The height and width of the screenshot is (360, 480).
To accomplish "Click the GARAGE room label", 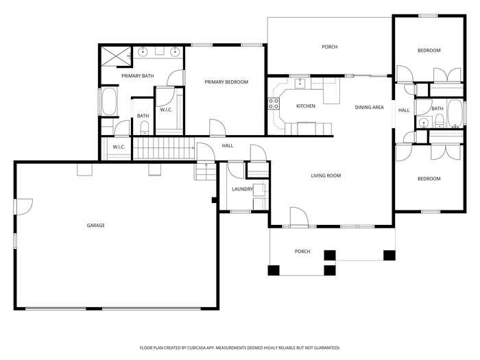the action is point(96,226).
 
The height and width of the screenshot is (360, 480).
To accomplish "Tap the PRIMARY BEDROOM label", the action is point(226,82).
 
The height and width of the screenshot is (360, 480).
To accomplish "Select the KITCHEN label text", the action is point(306,106).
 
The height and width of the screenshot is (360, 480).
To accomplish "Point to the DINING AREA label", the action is point(369,107).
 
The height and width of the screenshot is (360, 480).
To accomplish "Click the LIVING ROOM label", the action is point(326,176).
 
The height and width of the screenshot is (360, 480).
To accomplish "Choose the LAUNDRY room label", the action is point(243,189).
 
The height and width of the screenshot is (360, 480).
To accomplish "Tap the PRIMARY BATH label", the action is point(137,76).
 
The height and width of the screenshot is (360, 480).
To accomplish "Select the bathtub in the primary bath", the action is point(109,101).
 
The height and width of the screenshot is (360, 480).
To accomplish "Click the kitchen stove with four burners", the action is point(274,104).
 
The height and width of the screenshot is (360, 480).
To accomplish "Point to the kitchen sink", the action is point(300,83).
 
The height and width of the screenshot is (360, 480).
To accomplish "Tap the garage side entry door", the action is point(23,206).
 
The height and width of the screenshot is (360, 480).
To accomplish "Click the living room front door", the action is point(299,217).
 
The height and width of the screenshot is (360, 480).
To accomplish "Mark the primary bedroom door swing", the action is point(217,127).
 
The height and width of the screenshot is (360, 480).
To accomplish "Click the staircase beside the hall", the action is point(164,148).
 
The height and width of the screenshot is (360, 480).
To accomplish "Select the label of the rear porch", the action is point(330,47).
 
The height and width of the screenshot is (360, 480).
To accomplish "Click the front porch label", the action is point(302,252).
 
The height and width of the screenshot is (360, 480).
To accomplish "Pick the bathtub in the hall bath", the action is point(455,113).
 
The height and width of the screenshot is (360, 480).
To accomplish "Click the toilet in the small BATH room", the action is point(144,128).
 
